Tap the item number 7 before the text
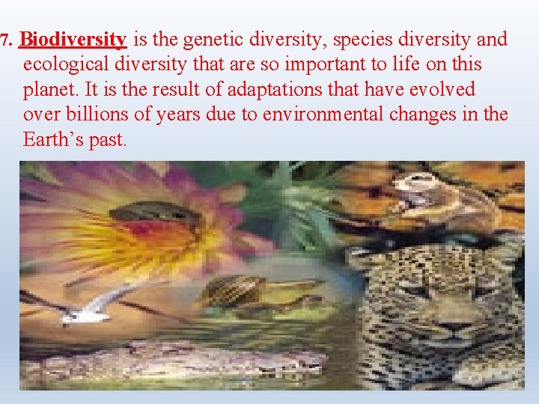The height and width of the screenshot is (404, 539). (5, 40)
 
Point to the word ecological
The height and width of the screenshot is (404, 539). (63, 64)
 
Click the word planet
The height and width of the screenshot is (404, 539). (49, 90)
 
